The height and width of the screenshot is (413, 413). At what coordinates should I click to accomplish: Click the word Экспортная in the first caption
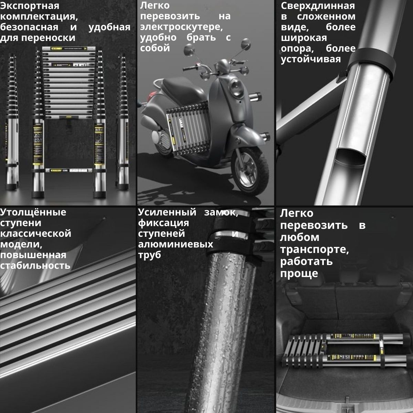click(30, 6)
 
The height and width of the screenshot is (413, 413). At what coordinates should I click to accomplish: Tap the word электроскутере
click(181, 27)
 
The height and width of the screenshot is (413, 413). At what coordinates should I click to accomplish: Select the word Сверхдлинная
click(318, 6)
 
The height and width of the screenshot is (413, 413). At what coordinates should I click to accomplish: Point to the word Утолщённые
click(33, 212)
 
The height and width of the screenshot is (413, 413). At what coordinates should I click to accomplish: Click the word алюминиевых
click(176, 244)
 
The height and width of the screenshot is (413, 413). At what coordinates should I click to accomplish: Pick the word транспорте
click(315, 250)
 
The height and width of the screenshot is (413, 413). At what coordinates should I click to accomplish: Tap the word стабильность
click(35, 266)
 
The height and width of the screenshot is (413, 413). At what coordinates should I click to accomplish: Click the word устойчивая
click(311, 59)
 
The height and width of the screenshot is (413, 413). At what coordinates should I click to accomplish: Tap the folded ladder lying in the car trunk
click(345, 351)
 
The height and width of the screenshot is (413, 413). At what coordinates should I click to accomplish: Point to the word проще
click(299, 274)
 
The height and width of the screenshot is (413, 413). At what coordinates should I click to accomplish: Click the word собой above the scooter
click(155, 48)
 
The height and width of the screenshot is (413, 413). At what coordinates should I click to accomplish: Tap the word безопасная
click(29, 27)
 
